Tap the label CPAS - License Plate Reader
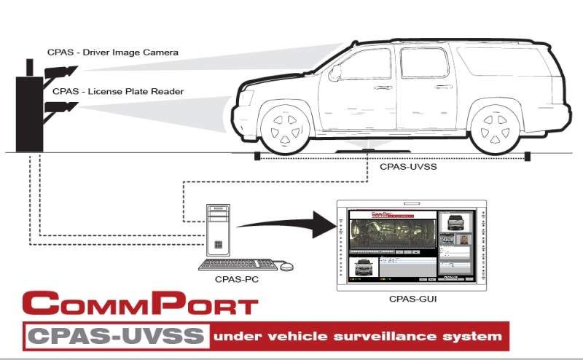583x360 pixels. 117,92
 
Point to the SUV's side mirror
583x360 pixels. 334,72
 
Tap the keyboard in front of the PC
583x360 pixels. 237,264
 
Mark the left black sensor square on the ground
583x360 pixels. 257,156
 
